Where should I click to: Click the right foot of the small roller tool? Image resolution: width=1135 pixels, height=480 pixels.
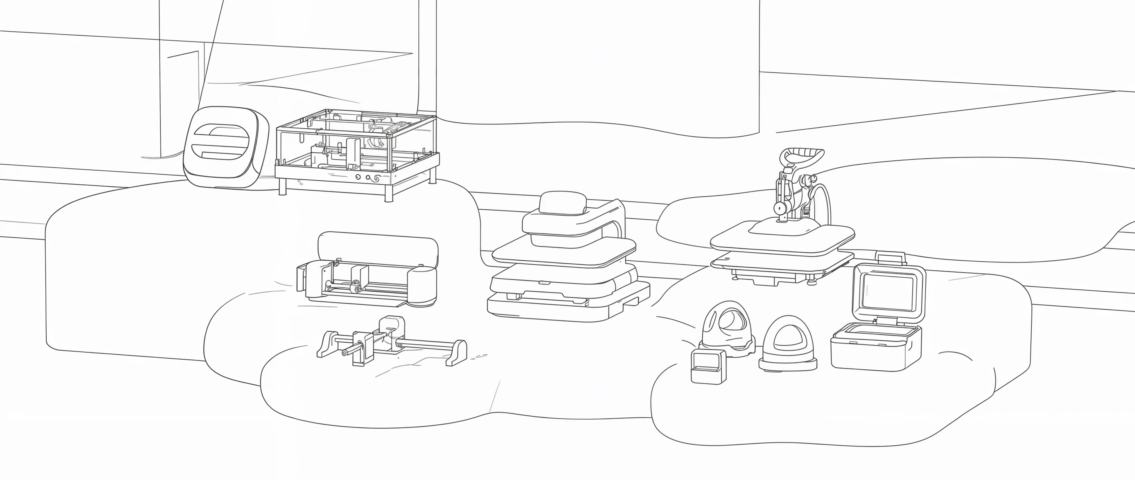[x=457, y=352]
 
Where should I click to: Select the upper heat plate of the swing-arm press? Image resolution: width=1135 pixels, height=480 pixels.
[x=782, y=240]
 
